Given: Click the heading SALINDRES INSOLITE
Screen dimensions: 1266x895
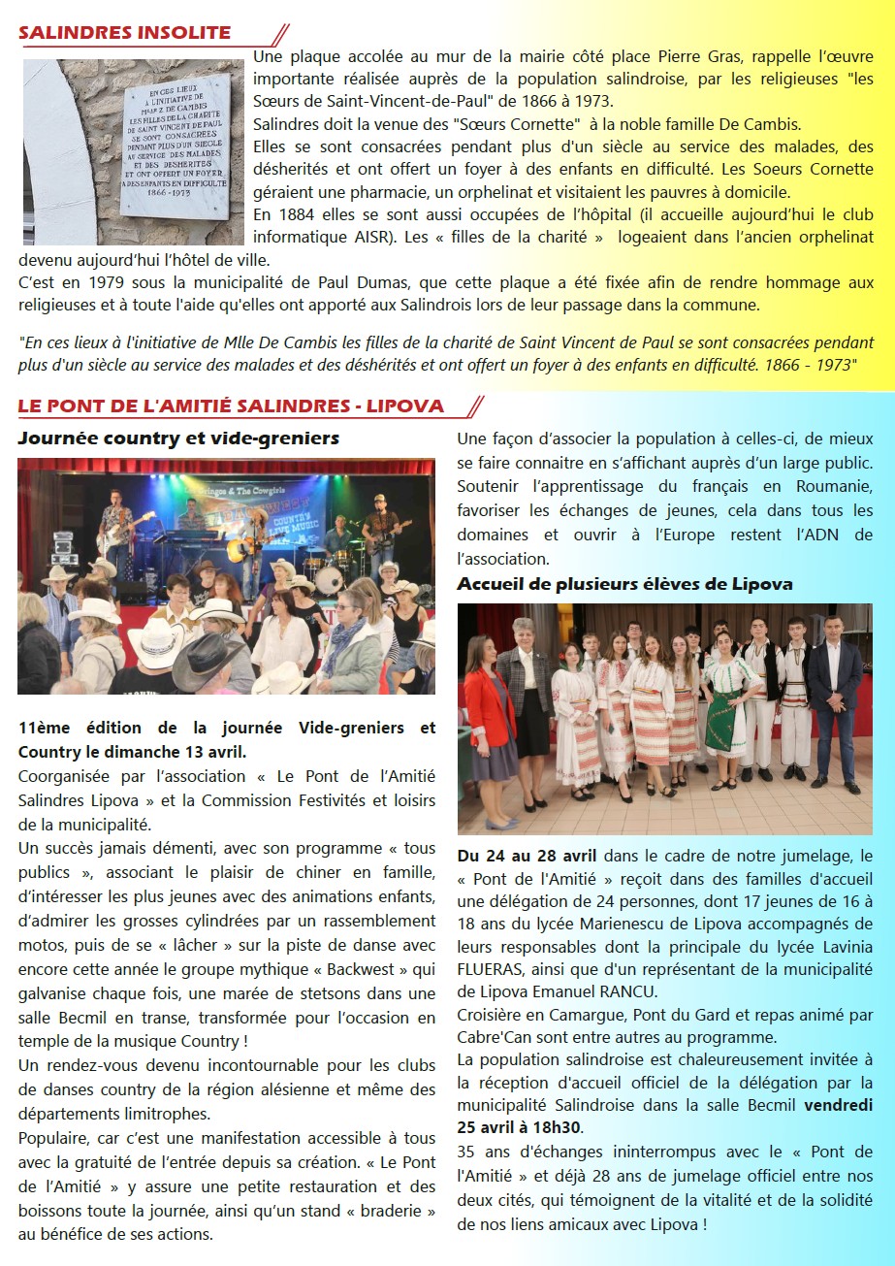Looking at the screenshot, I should point(124,33).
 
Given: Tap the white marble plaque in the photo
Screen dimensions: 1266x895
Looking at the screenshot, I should point(175,146).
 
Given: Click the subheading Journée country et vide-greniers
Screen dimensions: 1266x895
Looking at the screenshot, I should point(178,438).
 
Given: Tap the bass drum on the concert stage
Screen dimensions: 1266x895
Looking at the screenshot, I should point(330,579).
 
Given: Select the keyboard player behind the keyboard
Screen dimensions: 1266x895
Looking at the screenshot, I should point(190,519).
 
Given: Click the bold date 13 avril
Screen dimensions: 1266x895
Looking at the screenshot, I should point(217,751).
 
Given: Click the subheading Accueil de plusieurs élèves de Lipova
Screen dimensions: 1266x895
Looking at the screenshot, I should point(624,584).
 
